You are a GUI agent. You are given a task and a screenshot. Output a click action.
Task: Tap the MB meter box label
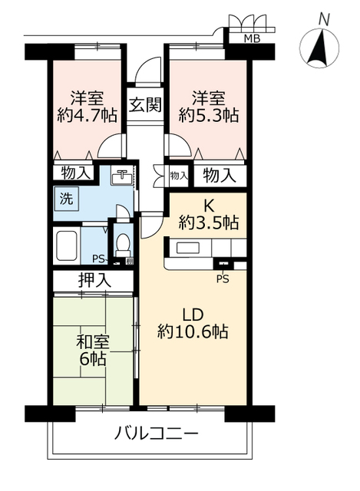tap(250, 39)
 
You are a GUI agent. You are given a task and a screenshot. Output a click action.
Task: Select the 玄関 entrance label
tap(144, 105)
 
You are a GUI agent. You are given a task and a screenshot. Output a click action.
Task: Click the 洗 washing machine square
tap(67, 198)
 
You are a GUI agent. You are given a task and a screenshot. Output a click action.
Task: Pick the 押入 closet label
tap(94, 281)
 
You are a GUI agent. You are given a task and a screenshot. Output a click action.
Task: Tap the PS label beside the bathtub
tap(97, 258)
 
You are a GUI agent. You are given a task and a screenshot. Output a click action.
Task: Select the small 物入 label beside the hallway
tap(178, 176)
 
